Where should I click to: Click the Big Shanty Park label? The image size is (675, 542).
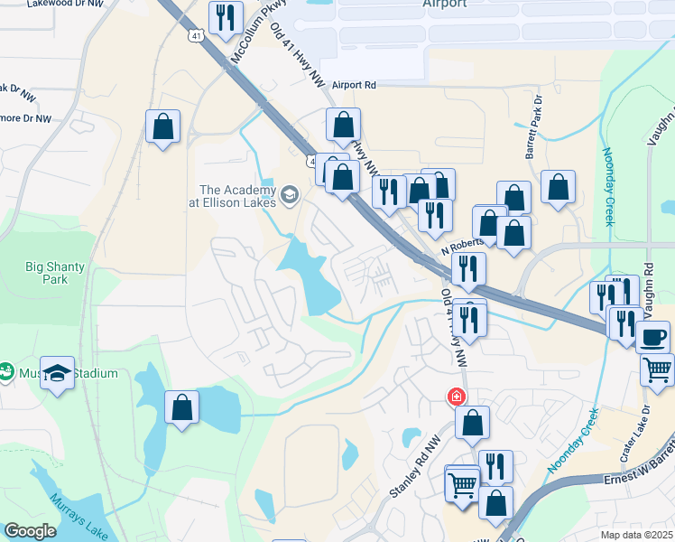tap(47, 273)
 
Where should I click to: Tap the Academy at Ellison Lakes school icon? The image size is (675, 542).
tap(290, 194)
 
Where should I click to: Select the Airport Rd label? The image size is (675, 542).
tap(353, 85)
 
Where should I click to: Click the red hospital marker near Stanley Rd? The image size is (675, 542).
tap(458, 397)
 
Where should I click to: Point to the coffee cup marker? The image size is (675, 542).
tap(653, 337)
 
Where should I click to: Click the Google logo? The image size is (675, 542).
tap(30, 531)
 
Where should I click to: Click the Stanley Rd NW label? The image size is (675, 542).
tap(408, 474)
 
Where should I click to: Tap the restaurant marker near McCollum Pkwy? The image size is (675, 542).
tap(225, 16)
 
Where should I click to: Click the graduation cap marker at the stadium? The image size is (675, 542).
tap(57, 374)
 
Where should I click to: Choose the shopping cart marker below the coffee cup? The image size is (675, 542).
tap(657, 369)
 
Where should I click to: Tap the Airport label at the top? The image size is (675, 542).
tap(445, 4)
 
